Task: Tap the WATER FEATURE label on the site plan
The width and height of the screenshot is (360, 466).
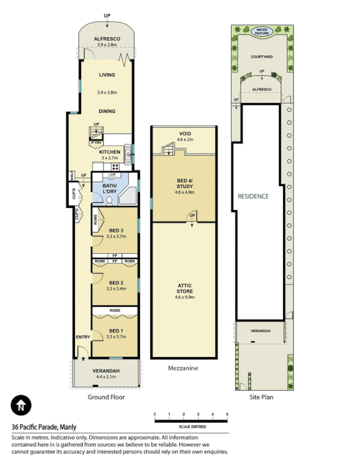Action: (261, 32)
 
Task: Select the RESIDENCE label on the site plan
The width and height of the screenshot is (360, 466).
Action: (253, 196)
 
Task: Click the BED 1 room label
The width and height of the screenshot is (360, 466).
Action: (116, 330)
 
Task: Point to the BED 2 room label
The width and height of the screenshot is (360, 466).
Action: (116, 282)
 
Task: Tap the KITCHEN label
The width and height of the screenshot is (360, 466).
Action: (110, 152)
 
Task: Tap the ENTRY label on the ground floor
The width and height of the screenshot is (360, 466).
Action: (82, 337)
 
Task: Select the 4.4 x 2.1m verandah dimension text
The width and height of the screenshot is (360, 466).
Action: (106, 377)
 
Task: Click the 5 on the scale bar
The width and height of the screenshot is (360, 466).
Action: (227, 414)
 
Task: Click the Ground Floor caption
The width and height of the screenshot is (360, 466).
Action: (105, 397)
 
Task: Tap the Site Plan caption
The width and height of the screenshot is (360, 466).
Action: (260, 397)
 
